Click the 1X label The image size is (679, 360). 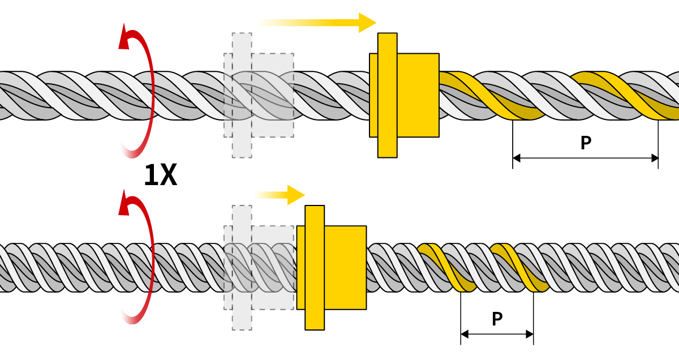tap(160, 175)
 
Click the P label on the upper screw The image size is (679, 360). tap(586, 143)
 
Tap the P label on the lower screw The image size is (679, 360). tap(497, 319)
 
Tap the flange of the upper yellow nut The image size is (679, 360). tap(388, 95)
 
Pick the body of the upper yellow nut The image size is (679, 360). tap(419, 95)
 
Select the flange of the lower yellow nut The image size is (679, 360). tap(315, 267)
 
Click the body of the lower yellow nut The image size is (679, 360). tap(346, 267)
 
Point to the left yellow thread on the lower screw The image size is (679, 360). tap(447, 268)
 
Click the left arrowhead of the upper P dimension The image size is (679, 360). tap(517, 158)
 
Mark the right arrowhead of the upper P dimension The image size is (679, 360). tap(655, 158)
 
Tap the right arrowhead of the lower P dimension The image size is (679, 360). tap(530, 335)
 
